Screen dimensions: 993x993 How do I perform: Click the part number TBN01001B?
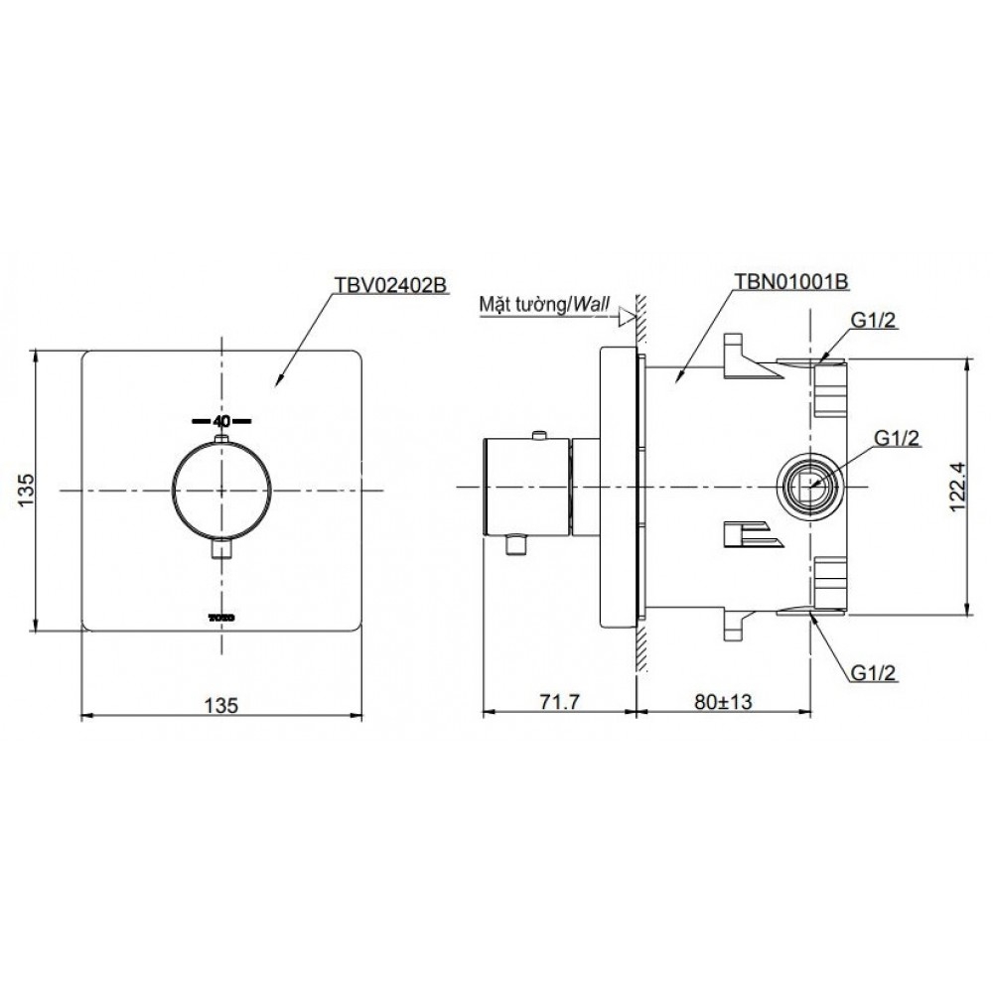[790, 281]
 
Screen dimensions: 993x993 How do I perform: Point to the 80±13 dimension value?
[724, 702]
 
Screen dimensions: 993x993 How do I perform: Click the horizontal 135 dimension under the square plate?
[222, 705]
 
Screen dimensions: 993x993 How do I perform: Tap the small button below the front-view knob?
[221, 547]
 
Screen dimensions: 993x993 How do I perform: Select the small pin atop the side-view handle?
[539, 433]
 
